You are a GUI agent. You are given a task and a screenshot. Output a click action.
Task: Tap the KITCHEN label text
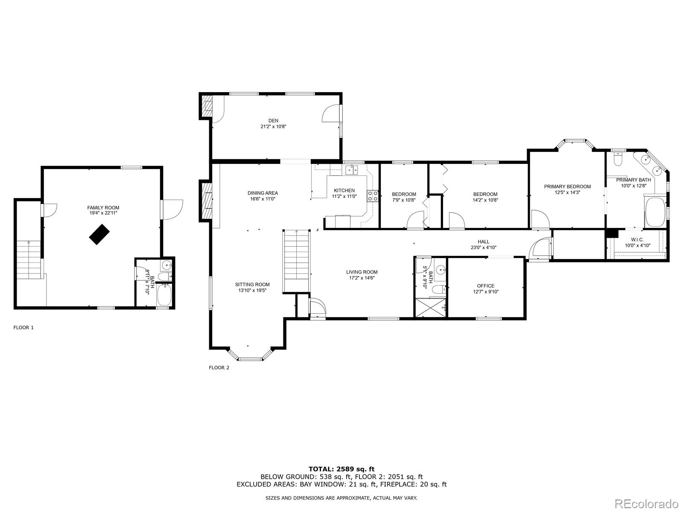[344, 191]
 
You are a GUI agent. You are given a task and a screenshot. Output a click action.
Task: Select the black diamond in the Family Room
[99, 235]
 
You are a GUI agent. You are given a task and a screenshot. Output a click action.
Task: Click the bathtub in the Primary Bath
[655, 212]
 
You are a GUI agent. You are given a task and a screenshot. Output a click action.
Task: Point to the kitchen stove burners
[372, 196]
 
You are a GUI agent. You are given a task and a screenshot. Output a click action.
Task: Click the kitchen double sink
[352, 170]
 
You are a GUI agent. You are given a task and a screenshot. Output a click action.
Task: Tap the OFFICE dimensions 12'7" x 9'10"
[486, 292]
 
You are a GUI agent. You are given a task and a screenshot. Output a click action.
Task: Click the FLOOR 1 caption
[23, 328]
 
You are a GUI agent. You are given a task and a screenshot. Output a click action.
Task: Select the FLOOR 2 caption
[219, 368]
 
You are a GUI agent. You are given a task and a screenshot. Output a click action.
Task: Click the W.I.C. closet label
[637, 240]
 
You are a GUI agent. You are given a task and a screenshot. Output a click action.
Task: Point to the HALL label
[484, 241]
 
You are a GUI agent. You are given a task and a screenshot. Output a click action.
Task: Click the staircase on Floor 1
[29, 259]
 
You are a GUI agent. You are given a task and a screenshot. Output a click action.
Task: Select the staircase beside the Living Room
[296, 260]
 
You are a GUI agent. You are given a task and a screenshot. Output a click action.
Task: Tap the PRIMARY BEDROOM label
[567, 186]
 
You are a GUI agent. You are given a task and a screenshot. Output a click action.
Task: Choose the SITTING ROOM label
[252, 285]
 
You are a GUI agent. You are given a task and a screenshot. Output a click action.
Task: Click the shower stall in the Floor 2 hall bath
[430, 307]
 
